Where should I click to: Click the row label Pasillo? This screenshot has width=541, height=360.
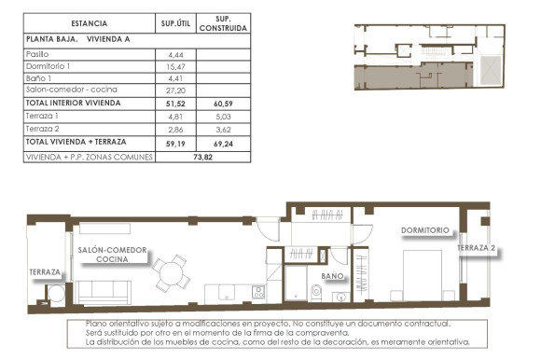click(38, 55)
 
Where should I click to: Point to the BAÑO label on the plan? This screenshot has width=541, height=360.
click(333, 277)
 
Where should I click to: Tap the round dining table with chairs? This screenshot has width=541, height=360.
click(170, 273)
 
